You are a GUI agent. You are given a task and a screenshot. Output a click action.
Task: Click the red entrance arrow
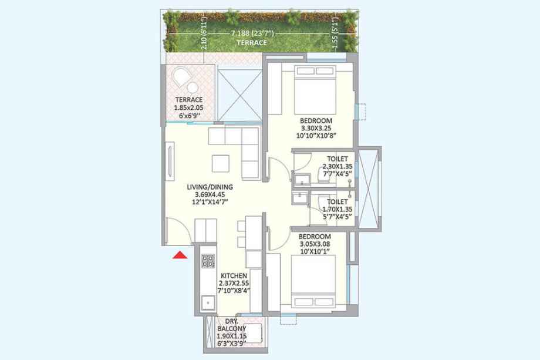tap(180, 255)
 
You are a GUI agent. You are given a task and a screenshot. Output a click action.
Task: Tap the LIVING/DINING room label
tap(210, 187)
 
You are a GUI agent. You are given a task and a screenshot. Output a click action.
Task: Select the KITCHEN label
tap(234, 275)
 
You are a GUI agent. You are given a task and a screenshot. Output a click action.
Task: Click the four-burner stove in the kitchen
tap(208, 260)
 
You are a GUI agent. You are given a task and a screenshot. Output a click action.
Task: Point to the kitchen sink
tap(208, 303)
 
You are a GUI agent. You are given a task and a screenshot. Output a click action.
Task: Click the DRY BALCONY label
tap(231, 325)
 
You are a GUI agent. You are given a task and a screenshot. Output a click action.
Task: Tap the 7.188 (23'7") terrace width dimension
tap(252, 33)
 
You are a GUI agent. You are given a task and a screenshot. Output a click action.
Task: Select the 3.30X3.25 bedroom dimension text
tap(316, 128)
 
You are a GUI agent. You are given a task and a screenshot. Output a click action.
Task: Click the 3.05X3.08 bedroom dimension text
tap(315, 244)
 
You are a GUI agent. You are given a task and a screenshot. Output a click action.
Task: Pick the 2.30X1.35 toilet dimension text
tap(338, 166)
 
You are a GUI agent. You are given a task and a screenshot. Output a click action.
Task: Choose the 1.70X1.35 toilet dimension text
tap(338, 209)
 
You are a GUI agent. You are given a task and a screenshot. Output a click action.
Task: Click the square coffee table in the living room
tap(221, 164)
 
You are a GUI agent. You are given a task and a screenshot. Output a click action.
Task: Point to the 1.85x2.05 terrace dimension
tap(188, 108)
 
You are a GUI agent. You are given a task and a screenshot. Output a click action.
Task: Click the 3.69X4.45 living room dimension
tap(210, 194)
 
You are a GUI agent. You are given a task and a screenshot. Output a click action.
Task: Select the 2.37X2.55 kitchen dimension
tap(234, 283)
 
